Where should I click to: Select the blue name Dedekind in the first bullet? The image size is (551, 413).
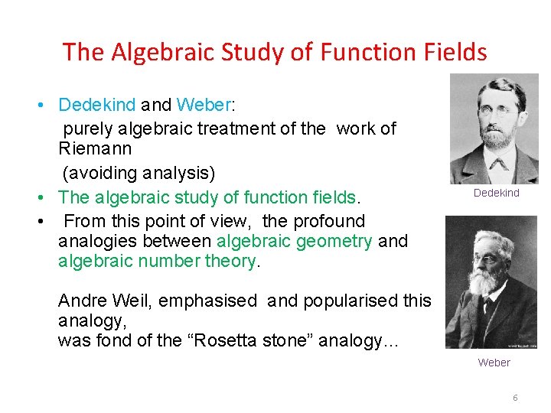97,105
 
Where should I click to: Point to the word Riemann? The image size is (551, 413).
95,148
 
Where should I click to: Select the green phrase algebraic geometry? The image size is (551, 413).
295,241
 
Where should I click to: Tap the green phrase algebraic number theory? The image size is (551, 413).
157,261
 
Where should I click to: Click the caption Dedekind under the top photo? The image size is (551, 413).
496,193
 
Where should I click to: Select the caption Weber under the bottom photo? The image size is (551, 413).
494,363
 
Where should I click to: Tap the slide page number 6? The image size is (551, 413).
515,398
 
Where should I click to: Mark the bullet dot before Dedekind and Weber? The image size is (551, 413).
47,105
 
